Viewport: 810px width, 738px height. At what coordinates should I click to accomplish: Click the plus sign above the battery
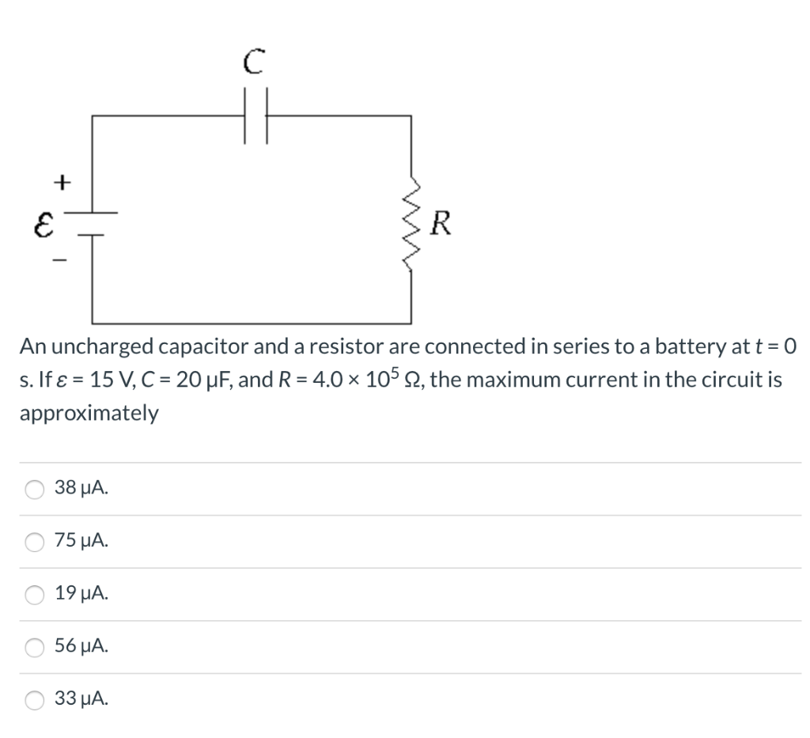pos(60,181)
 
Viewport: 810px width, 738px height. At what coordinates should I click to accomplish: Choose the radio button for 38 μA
pos(35,490)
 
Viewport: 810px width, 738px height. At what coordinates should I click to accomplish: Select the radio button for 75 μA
pos(35,542)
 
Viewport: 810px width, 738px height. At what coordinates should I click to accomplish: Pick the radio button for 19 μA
pos(35,595)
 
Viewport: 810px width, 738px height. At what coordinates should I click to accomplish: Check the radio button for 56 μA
pos(35,648)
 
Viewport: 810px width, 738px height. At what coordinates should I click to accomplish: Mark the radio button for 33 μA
pos(35,700)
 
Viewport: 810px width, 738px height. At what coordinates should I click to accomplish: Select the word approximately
pos(89,414)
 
